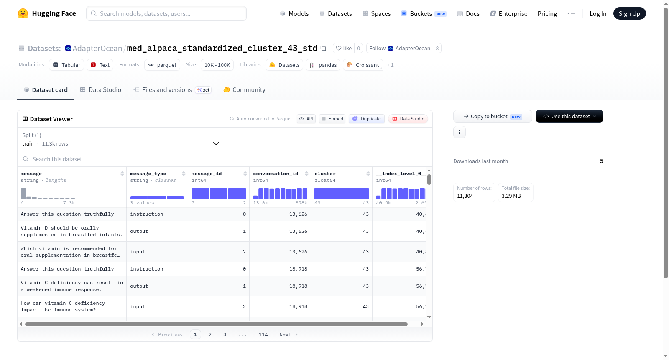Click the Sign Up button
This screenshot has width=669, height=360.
tap(629, 13)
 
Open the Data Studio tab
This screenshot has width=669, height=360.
tap(101, 89)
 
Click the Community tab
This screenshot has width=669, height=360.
tap(244, 89)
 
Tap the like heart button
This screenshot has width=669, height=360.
tap(344, 48)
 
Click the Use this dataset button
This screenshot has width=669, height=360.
tap(569, 116)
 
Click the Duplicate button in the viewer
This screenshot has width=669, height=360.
tap(366, 119)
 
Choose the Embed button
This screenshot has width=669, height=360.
tap(332, 119)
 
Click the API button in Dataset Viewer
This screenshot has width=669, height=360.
tap(306, 119)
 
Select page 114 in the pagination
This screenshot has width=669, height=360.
tap(263, 334)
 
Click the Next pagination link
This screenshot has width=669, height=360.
tap(289, 334)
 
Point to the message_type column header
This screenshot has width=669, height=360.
tap(148, 174)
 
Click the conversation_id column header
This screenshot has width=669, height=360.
tap(276, 174)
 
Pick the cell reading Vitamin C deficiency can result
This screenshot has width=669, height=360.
tap(72, 286)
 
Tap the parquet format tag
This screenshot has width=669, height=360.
tap(162, 65)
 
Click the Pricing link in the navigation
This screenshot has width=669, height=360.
tap(547, 13)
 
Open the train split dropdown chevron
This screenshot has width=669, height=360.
tap(216, 143)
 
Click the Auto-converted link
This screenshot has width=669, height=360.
tap(253, 119)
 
